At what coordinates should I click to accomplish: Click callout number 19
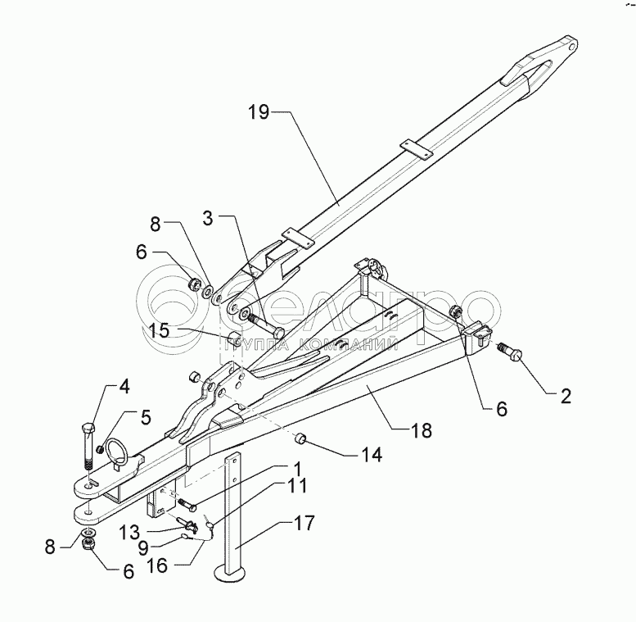click(259, 113)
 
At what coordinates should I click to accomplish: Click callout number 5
click(145, 416)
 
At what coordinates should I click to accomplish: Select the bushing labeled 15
click(232, 337)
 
